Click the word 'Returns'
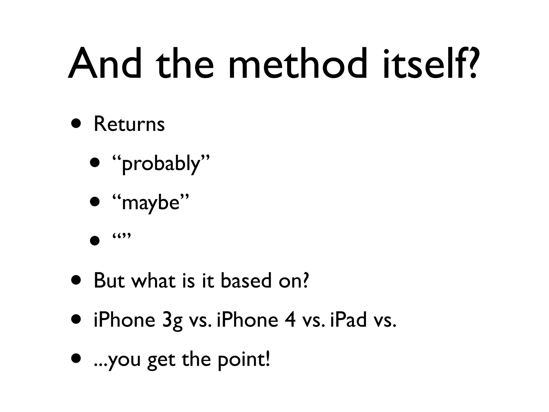pyautogui.click(x=129, y=124)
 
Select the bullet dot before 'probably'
pyautogui.click(x=95, y=163)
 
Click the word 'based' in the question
pyautogui.click(x=246, y=281)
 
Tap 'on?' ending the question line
pyautogui.click(x=294, y=281)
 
